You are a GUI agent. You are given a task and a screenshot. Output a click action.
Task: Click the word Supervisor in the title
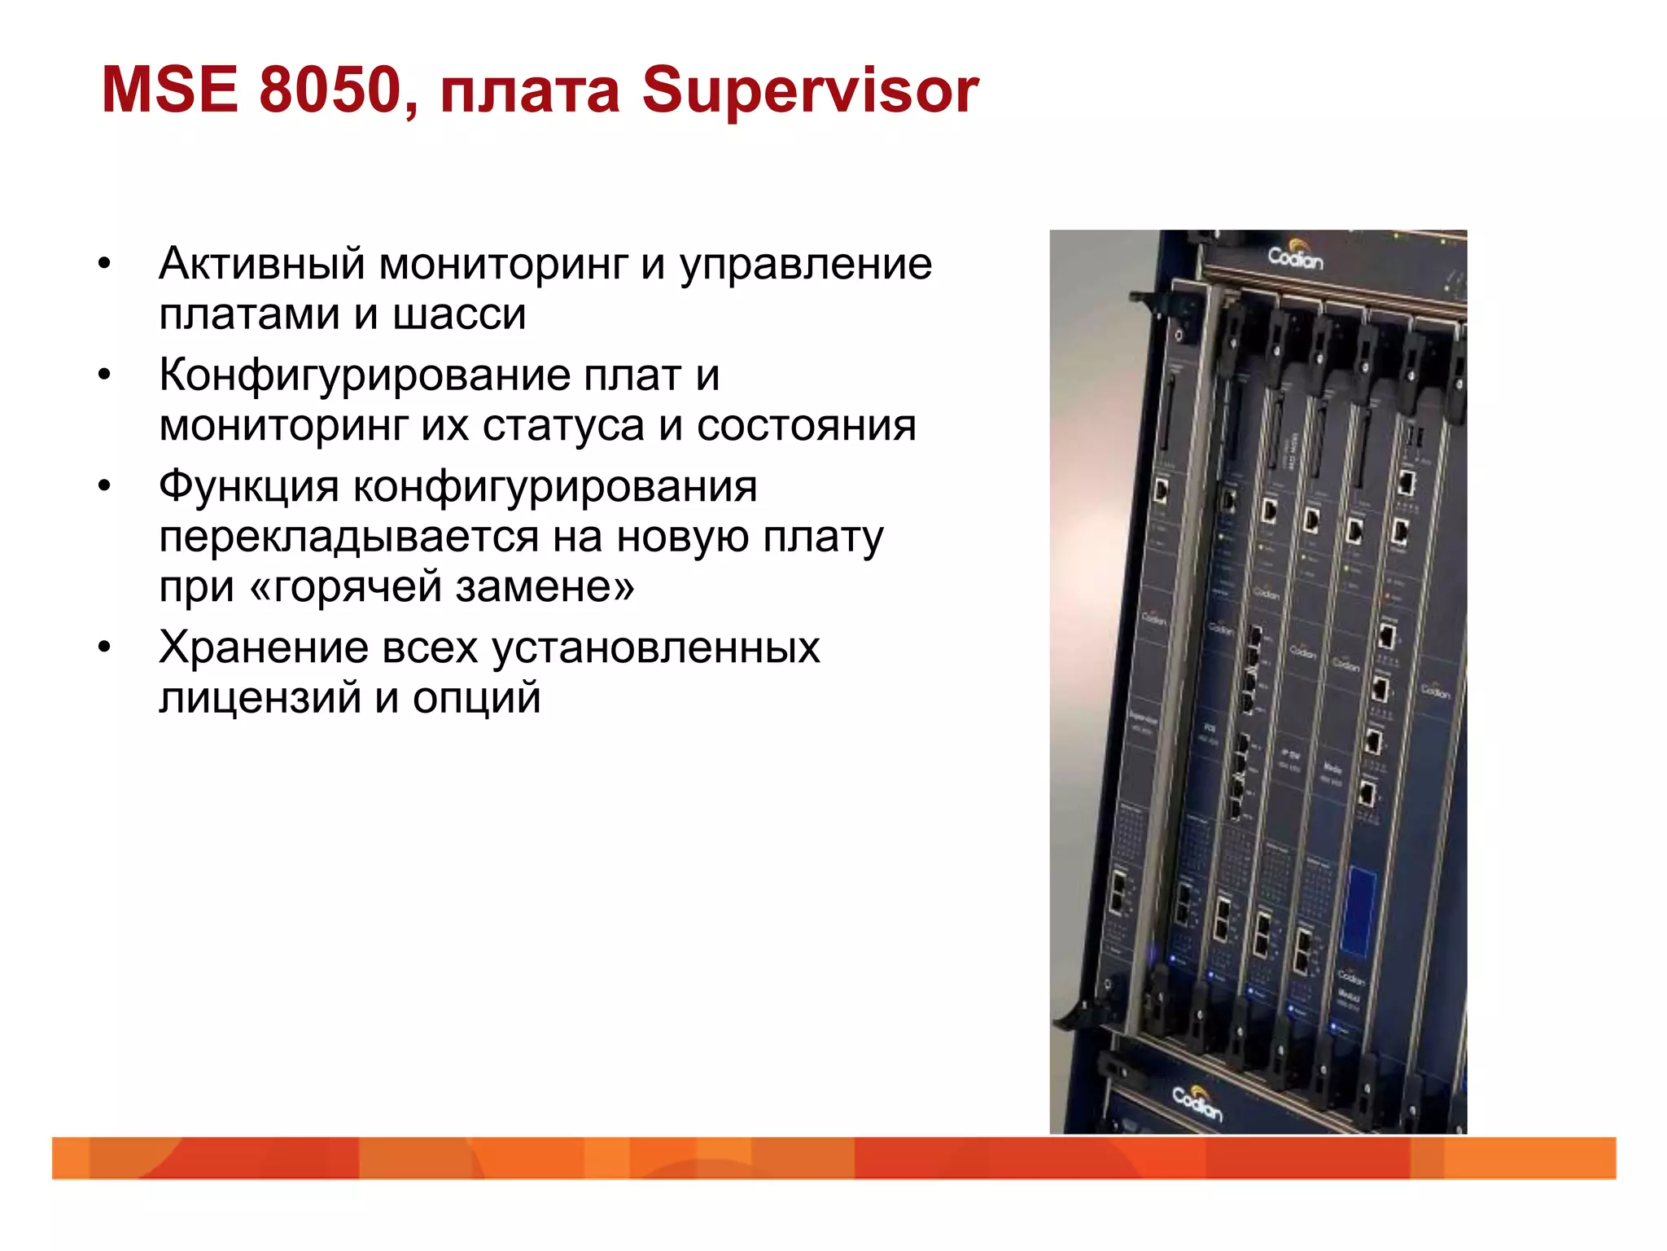pyautogui.click(x=810, y=90)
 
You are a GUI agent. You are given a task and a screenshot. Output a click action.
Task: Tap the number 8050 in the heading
pyautogui.click(x=329, y=90)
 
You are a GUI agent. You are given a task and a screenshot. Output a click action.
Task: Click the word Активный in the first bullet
pyautogui.click(x=261, y=264)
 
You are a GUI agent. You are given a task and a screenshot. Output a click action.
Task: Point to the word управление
pyautogui.click(x=806, y=266)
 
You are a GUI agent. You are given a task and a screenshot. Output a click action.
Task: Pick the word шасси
pyautogui.click(x=459, y=314)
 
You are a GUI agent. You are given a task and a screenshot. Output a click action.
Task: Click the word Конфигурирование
pyautogui.click(x=364, y=376)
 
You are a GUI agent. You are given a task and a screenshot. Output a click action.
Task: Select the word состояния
pyautogui.click(x=806, y=426)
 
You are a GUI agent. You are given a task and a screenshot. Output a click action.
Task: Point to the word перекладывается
pyautogui.click(x=348, y=538)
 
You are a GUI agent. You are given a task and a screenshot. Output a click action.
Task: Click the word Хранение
pyautogui.click(x=263, y=648)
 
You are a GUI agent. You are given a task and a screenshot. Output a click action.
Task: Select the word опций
pyautogui.click(x=476, y=700)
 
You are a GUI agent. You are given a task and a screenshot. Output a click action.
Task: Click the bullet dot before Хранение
pyautogui.click(x=104, y=648)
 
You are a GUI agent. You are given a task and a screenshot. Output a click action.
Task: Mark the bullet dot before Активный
pyautogui.click(x=104, y=264)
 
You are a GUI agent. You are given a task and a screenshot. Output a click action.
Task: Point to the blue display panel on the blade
pyautogui.click(x=1359, y=912)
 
